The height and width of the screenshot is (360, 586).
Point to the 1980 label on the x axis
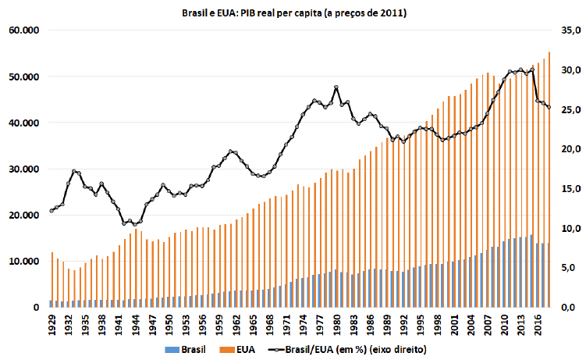coord(336,322)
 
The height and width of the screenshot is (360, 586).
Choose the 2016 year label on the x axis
coord(538,322)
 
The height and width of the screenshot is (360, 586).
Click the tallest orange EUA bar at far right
coord(550,180)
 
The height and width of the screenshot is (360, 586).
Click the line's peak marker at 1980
coord(336,87)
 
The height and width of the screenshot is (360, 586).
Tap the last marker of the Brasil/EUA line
coord(549,108)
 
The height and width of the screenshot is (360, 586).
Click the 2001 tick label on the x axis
coord(454,322)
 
